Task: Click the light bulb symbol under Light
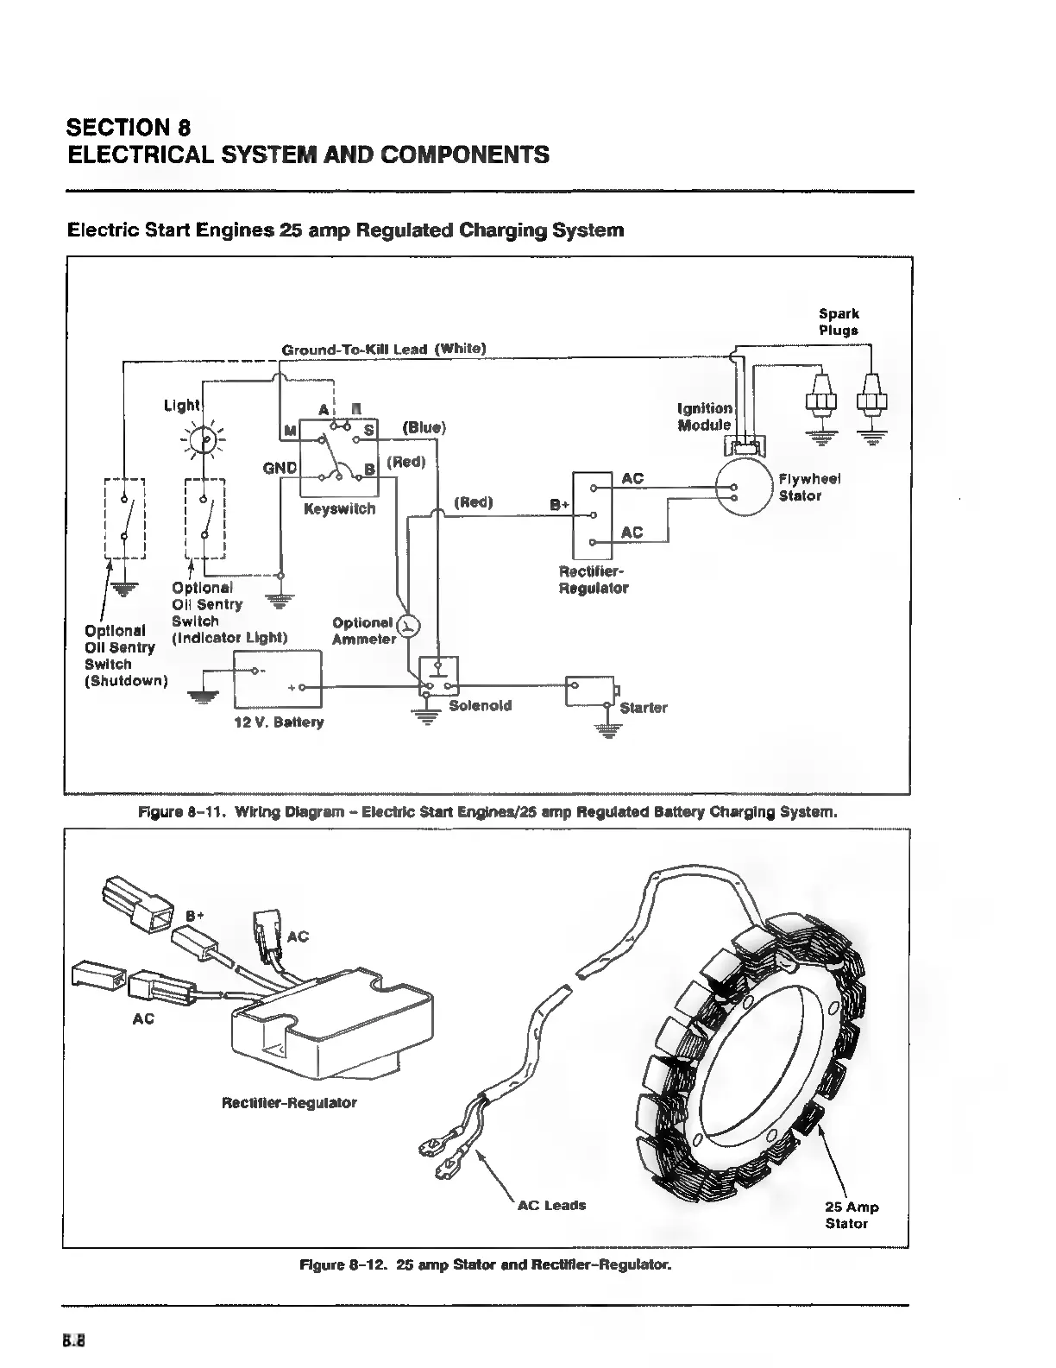pyautogui.click(x=204, y=440)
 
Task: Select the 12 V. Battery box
pyautogui.click(x=278, y=678)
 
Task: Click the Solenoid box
pyautogui.click(x=438, y=676)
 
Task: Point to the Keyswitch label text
pyautogui.click(x=339, y=509)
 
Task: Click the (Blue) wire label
pyautogui.click(x=424, y=427)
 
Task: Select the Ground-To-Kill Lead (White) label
pyautogui.click(x=384, y=349)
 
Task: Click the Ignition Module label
pyautogui.click(x=705, y=416)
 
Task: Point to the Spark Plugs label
pyautogui.click(x=839, y=322)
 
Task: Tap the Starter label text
pyautogui.click(x=644, y=708)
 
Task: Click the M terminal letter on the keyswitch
pyautogui.click(x=290, y=431)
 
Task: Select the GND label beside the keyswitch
pyautogui.click(x=280, y=468)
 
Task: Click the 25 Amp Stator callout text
pyautogui.click(x=851, y=1215)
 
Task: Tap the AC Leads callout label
pyautogui.click(x=551, y=1205)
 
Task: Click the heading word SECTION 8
pyautogui.click(x=129, y=128)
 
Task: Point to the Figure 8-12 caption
pyautogui.click(x=484, y=1265)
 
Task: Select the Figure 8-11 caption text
pyautogui.click(x=487, y=812)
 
